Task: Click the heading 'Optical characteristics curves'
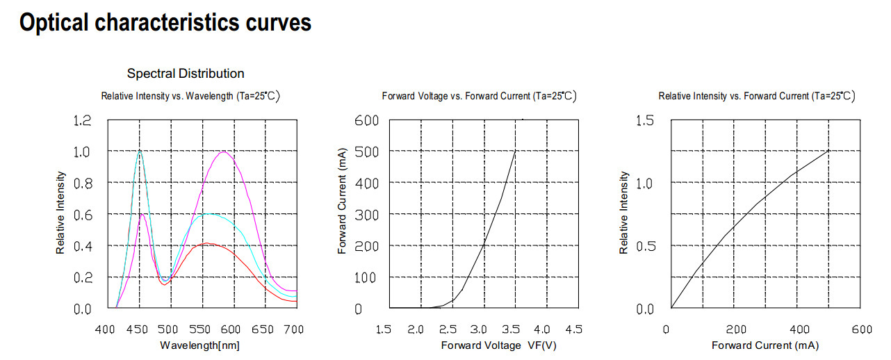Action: click(165, 23)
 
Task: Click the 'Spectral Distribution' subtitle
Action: click(186, 73)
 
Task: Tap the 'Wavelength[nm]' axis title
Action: click(200, 345)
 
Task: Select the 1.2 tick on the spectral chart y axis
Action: click(82, 121)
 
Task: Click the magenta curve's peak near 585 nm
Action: click(223, 152)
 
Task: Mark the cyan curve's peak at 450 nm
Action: click(140, 151)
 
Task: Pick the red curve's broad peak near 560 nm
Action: click(206, 243)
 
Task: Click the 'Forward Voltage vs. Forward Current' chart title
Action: click(479, 96)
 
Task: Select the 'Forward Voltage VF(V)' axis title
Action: click(498, 345)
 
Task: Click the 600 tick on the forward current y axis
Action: click(367, 121)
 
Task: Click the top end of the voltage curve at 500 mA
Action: click(515, 151)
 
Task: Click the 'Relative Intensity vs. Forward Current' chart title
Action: click(756, 96)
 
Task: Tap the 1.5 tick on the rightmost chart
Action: click(646, 121)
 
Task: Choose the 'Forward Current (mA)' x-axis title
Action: click(765, 345)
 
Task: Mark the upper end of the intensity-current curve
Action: click(829, 150)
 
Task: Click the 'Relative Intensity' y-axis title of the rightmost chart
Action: click(624, 213)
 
